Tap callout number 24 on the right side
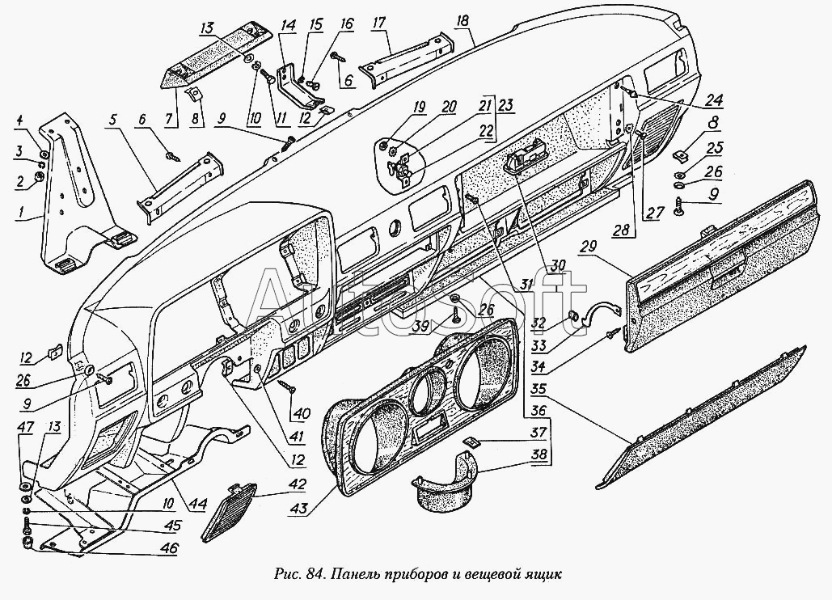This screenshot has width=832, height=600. point(712,101)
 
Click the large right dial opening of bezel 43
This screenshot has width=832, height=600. point(484,374)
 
